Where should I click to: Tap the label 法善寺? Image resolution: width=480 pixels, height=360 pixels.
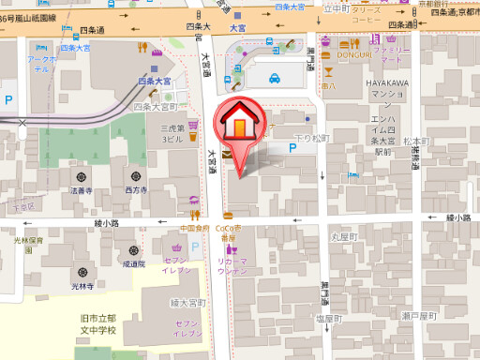point(82,190)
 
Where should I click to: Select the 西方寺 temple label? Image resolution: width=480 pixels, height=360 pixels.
point(136,190)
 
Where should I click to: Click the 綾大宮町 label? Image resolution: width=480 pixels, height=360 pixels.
point(187,303)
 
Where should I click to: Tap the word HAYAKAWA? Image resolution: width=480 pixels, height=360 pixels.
point(384,83)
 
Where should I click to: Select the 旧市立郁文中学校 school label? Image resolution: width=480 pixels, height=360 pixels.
point(97,325)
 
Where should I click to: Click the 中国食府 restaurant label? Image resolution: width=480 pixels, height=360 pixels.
point(194,228)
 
